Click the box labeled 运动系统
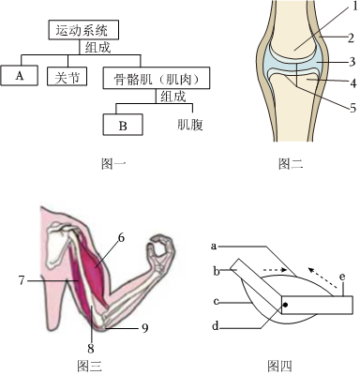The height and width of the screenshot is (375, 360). click(83, 30)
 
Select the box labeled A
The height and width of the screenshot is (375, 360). click(20, 75)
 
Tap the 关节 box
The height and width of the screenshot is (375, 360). click(67, 76)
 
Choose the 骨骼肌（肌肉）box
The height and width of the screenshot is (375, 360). click(157, 78)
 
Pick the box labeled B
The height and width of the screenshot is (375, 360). click(123, 125)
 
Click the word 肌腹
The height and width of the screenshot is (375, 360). click(190, 125)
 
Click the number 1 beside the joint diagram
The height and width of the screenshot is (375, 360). click(354, 7)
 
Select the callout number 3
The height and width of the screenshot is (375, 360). click(352, 62)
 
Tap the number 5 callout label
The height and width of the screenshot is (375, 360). click(353, 108)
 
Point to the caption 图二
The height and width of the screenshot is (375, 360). click(291, 163)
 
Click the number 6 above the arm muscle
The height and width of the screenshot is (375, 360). click(121, 238)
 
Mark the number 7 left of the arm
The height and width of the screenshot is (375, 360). click(22, 280)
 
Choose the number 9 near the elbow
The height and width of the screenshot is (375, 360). click(144, 328)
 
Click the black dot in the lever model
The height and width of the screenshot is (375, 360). click(285, 304)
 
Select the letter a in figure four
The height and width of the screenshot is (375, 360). click(214, 247)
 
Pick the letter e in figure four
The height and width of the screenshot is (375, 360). click(342, 277)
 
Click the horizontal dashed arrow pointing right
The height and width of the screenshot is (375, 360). click(275, 269)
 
